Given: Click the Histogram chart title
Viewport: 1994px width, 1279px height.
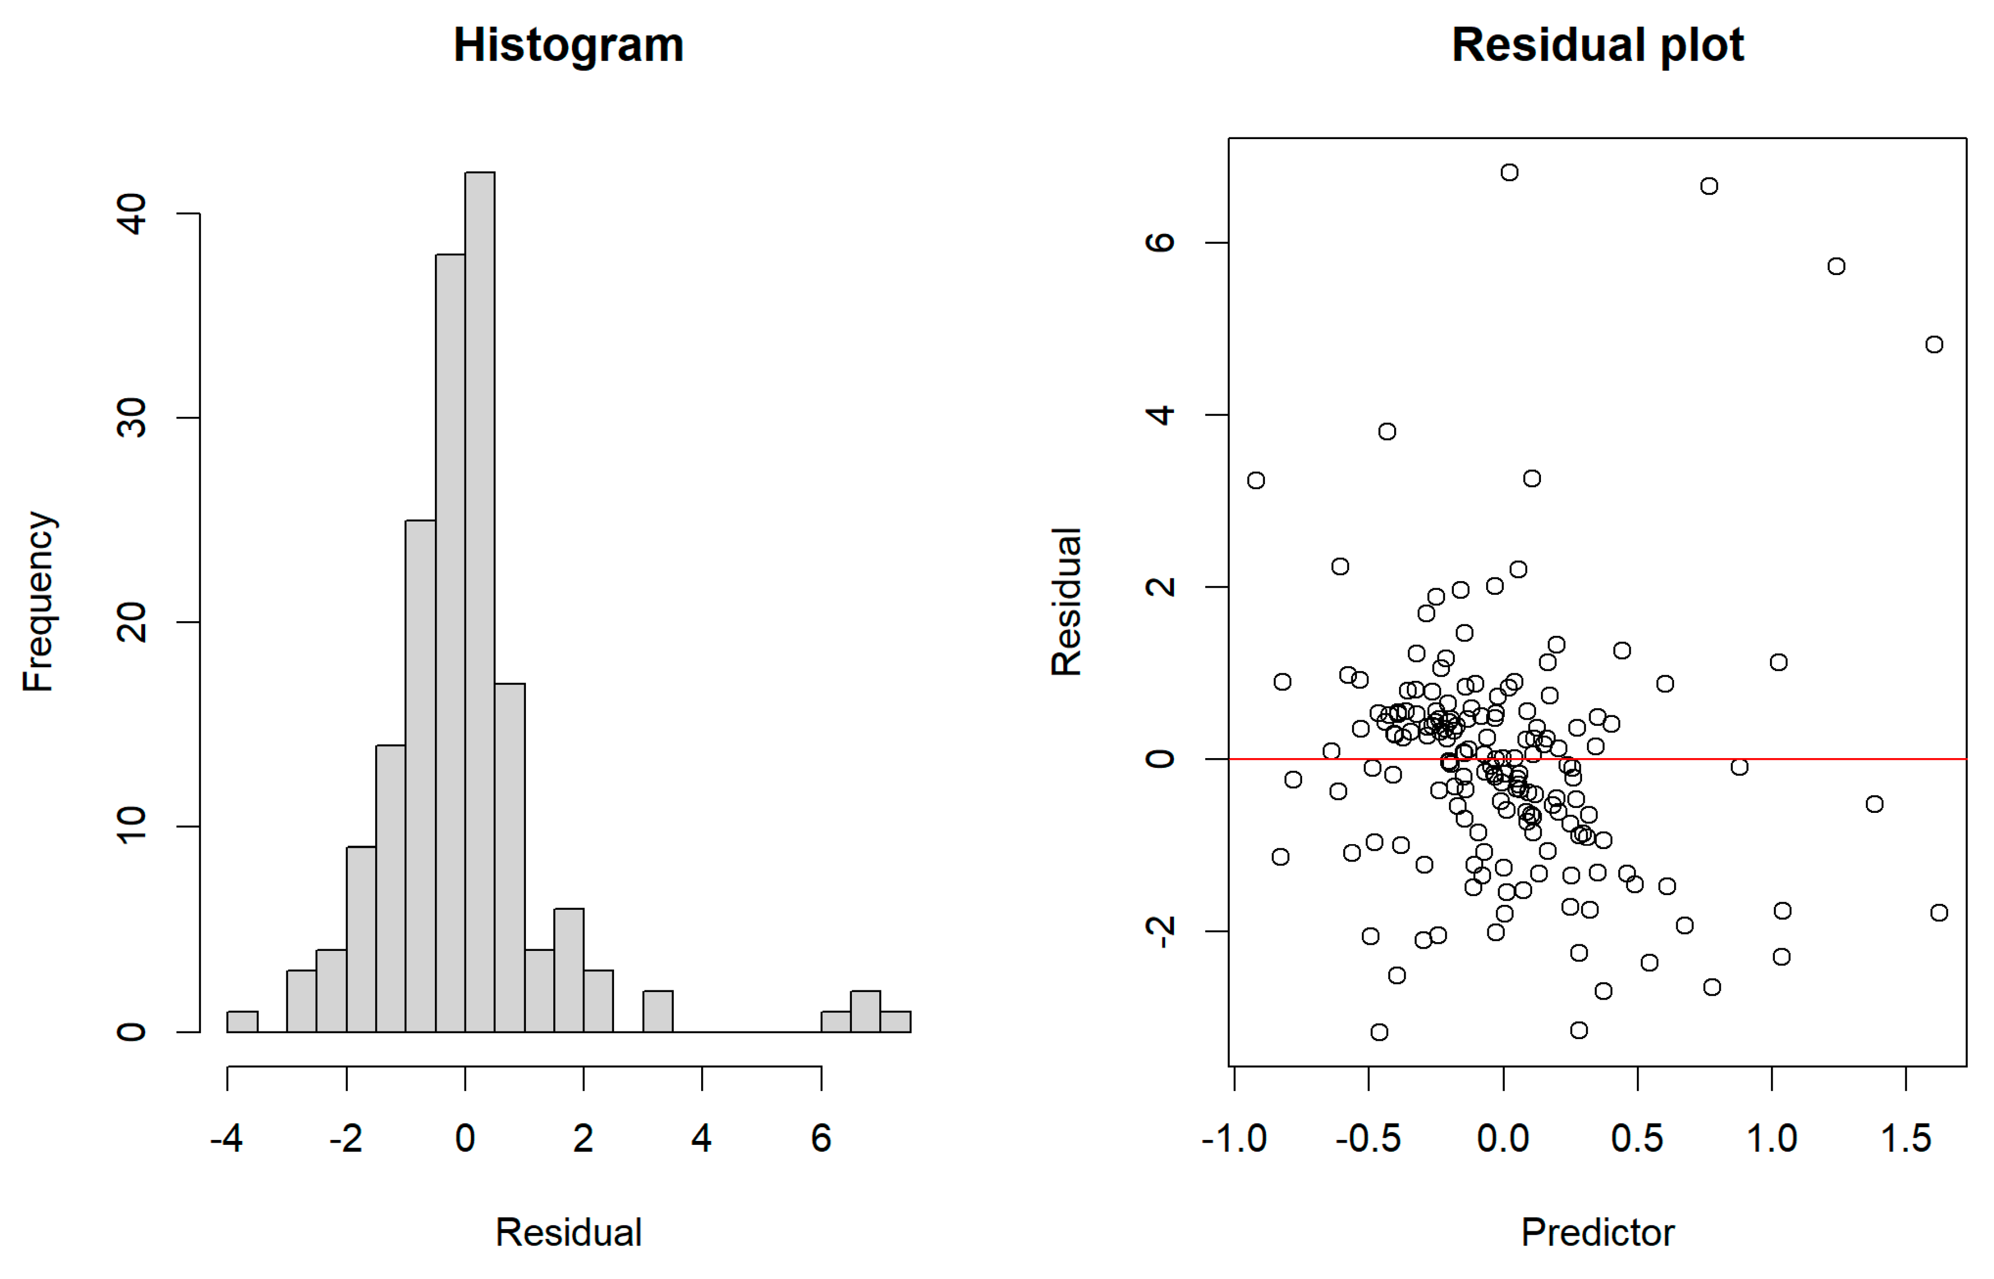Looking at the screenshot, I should (568, 45).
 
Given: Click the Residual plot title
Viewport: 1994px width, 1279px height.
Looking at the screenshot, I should (1596, 45).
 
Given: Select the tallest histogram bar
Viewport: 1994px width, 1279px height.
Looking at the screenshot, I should (479, 601).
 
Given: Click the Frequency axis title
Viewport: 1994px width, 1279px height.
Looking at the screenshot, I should (38, 601).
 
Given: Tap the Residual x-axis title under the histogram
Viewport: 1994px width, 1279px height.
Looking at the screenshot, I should (568, 1232).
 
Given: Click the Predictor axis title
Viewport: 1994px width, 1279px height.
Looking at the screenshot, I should (1596, 1232).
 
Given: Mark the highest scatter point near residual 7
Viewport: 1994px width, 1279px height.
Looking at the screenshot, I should (1509, 172).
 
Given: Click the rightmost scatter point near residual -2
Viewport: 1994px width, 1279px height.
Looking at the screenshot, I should (1938, 913).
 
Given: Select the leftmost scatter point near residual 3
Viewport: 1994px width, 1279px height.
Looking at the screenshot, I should (1256, 480).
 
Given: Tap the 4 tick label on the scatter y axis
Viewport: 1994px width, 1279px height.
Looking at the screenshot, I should (1160, 415).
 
